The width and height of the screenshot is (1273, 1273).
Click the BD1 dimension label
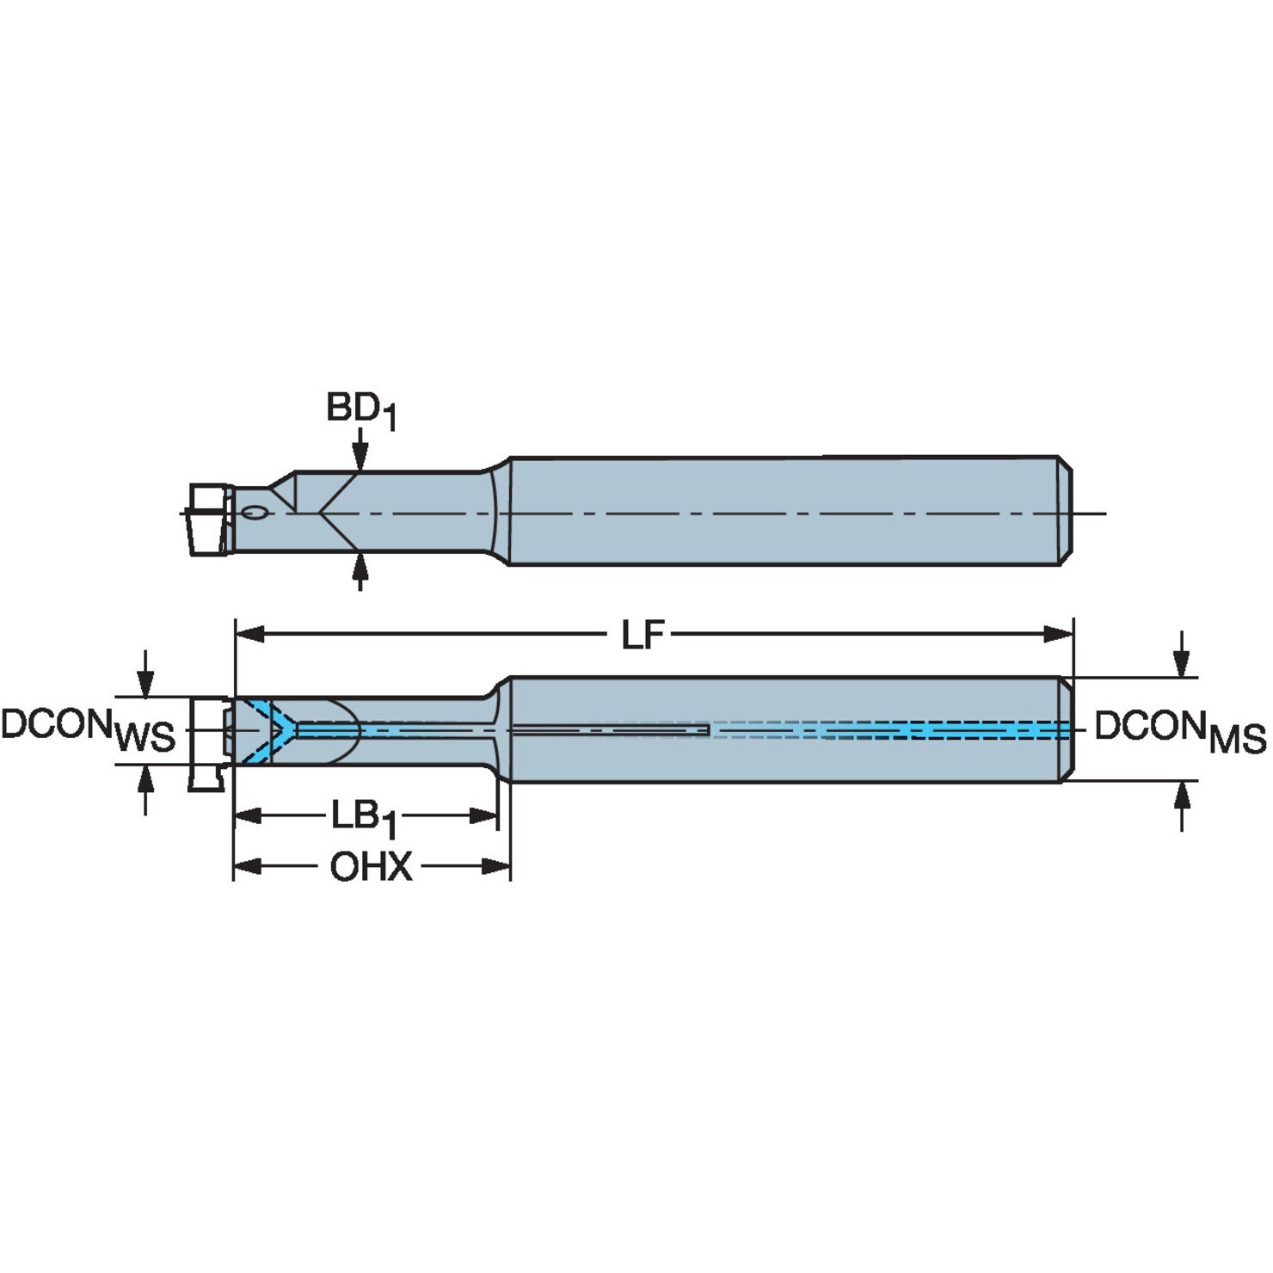point(361,410)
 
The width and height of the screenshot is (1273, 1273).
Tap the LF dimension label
point(643,636)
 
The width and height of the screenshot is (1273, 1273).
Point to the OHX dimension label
point(372,867)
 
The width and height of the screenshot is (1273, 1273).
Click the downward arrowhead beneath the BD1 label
point(360,457)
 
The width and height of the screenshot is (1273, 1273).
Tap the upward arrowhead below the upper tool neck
point(360,569)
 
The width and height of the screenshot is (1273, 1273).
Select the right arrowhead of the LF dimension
point(1059,635)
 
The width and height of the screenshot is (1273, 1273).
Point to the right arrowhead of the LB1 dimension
point(483,815)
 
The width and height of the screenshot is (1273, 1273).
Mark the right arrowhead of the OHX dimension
point(496,866)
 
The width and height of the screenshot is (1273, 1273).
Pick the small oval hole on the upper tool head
point(255,514)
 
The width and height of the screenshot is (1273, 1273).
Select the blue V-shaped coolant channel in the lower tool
point(268,730)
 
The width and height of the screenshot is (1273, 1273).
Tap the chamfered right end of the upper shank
point(1065,511)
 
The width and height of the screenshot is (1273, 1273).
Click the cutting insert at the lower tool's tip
point(208,743)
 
